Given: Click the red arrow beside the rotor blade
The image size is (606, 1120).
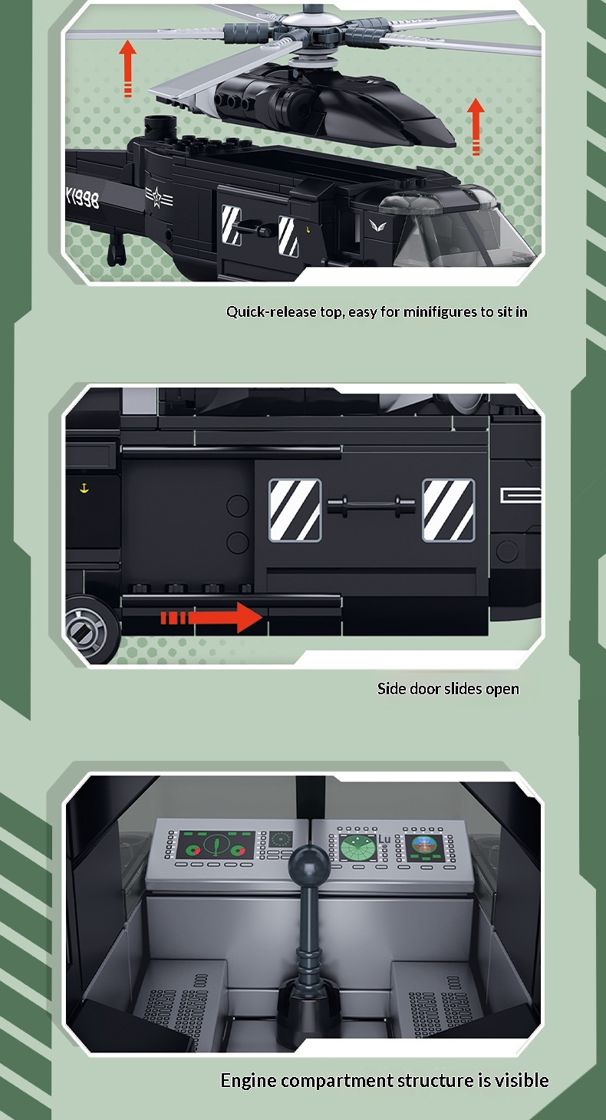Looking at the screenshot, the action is point(128,68).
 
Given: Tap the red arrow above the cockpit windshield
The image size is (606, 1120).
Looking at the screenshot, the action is point(476,127).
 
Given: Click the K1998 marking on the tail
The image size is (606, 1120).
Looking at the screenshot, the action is point(83,199).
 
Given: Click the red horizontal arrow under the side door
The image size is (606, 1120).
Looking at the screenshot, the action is point(212,618).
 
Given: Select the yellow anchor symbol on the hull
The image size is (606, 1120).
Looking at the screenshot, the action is point(84,488).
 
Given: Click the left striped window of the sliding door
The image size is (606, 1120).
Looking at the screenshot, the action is point(295,510).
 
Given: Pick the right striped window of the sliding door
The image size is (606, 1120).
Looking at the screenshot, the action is point(449,510).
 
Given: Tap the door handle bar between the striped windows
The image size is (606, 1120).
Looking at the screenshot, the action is point(371,505).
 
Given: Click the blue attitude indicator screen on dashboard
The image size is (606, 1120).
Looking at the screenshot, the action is point(424,846).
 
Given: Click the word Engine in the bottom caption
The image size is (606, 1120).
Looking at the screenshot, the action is point(248,1081).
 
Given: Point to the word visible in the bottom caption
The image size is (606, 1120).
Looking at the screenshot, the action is point(522,1080).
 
